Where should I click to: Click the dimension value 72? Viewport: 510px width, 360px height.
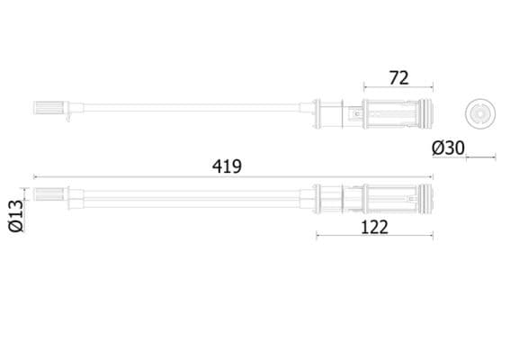point(398,77)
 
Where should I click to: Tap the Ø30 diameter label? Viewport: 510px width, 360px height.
point(449,146)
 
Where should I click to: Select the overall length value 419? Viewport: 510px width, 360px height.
point(228,166)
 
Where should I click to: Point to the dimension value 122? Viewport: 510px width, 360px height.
point(374,226)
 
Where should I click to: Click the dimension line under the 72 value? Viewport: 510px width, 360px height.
point(398,89)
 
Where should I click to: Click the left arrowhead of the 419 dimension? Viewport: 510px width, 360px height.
point(35,177)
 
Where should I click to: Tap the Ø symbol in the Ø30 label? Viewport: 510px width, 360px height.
point(437,146)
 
